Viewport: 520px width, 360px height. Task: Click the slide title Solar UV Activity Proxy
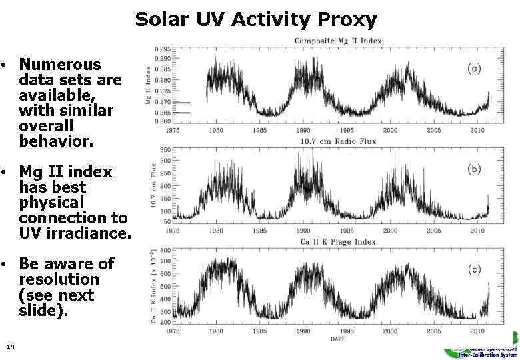(x=256, y=19)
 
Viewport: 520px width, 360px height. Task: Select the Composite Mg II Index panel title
(x=338, y=41)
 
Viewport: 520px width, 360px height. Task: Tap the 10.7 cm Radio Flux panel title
(x=338, y=141)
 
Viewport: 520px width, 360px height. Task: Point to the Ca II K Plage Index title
(x=338, y=241)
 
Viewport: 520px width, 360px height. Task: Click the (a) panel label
(x=474, y=68)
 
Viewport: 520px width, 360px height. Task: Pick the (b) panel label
(x=474, y=169)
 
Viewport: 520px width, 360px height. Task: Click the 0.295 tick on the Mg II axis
(x=162, y=49)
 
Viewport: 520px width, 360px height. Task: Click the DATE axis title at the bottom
(x=338, y=339)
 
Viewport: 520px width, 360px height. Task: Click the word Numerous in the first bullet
(x=60, y=65)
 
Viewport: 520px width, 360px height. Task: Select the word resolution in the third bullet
(x=59, y=279)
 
